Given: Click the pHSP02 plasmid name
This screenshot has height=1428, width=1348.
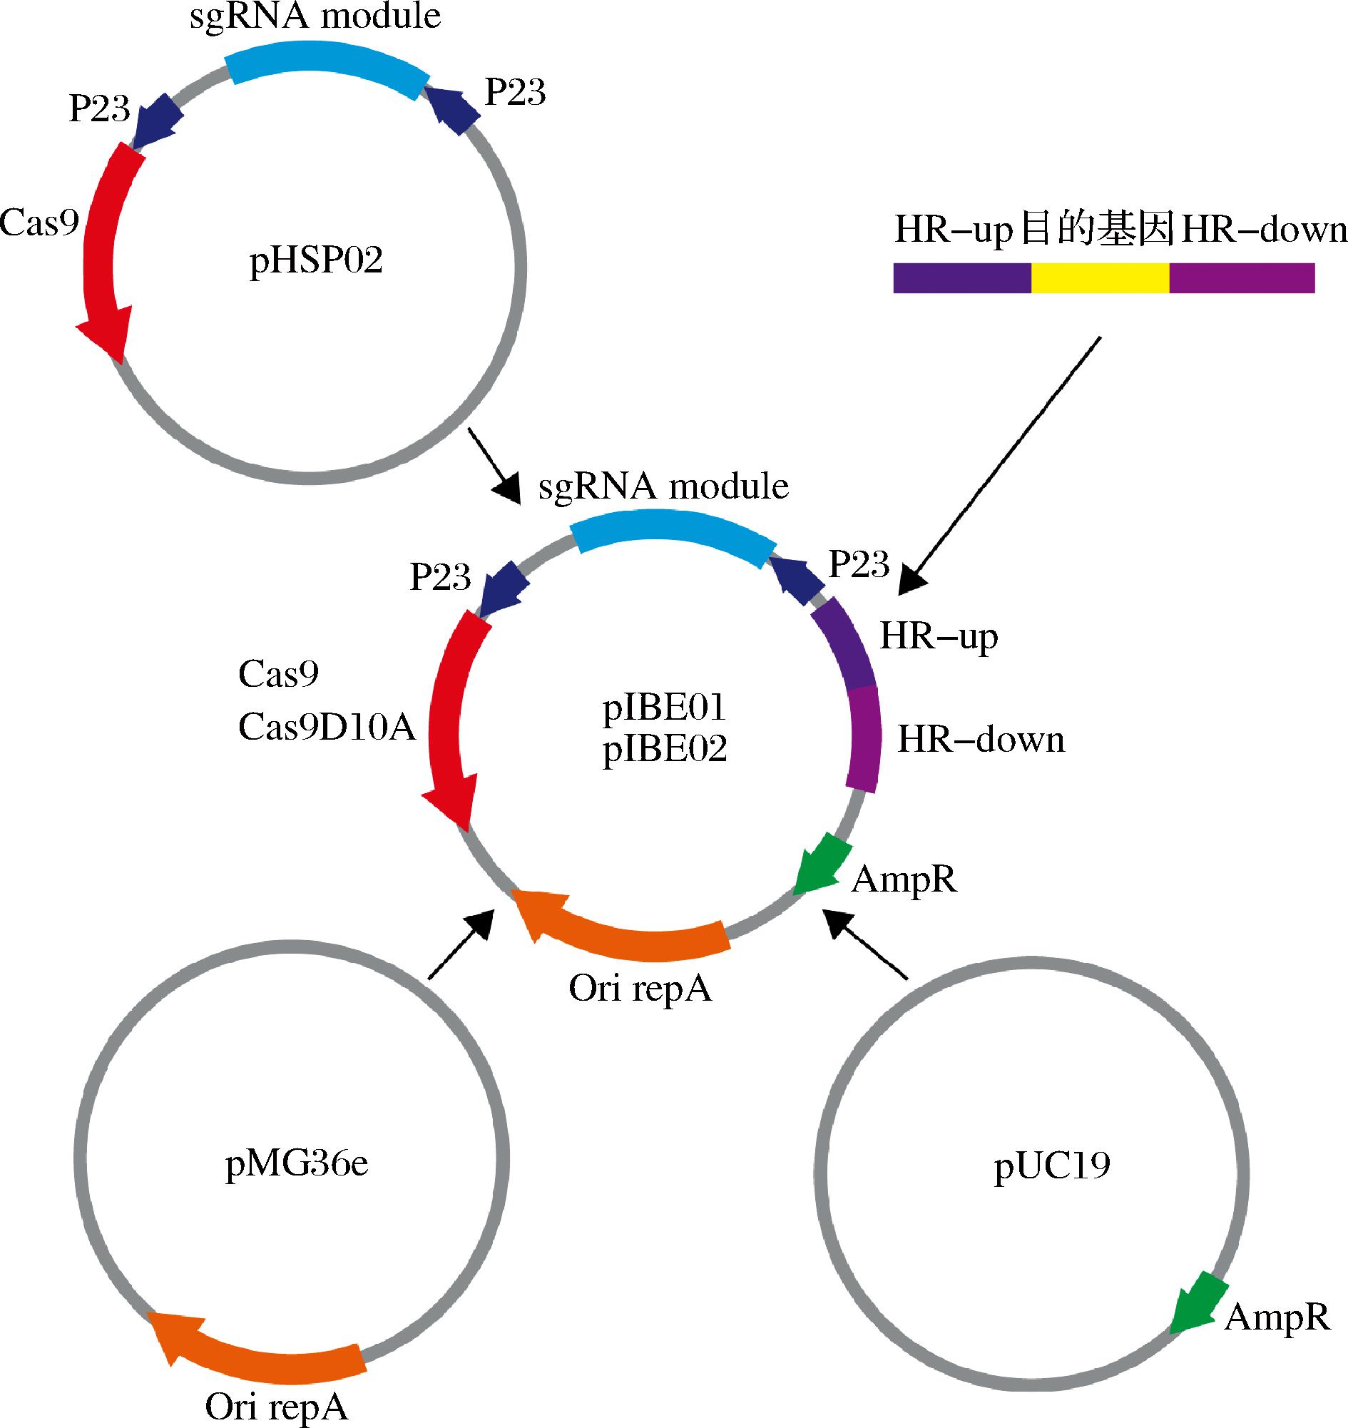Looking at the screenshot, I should click(x=315, y=260).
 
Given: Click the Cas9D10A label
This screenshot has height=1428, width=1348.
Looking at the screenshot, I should click(x=327, y=728).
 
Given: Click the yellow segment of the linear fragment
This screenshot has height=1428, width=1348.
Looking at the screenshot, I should click(x=1099, y=277).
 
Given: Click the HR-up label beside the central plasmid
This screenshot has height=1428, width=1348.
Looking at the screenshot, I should click(x=939, y=637).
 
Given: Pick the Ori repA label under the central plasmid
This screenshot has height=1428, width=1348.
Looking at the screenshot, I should click(x=640, y=989).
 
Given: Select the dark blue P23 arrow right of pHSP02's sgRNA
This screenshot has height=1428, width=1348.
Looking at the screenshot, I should click(x=453, y=108).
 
